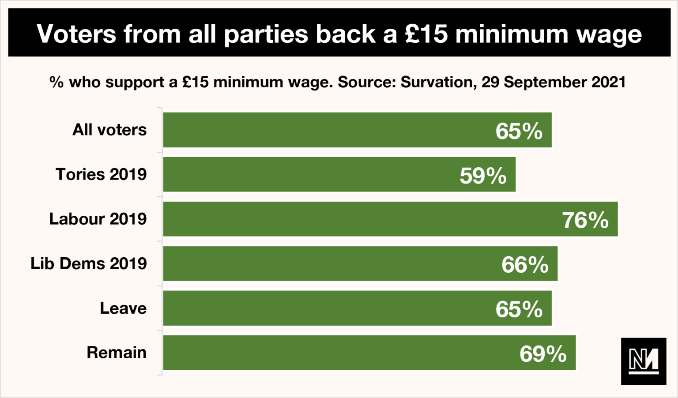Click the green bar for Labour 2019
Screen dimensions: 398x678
tap(353, 219)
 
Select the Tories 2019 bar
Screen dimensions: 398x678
tap(309, 175)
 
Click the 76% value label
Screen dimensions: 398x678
tap(585, 220)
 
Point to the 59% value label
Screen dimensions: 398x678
tap(483, 176)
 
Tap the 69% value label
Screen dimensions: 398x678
tap(543, 353)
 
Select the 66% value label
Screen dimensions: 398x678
tap(525, 265)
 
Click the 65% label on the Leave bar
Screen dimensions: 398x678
tap(519, 309)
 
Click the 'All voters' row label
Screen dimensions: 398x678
tap(109, 130)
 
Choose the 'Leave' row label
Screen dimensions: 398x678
tap(123, 308)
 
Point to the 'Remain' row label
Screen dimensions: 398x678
tap(117, 353)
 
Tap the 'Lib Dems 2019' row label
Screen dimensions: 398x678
tap(88, 263)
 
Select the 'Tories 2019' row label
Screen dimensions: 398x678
tap(101, 174)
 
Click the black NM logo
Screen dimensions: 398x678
tap(643, 361)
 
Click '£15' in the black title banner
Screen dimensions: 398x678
tap(426, 34)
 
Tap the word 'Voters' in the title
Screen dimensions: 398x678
tap(76, 34)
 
